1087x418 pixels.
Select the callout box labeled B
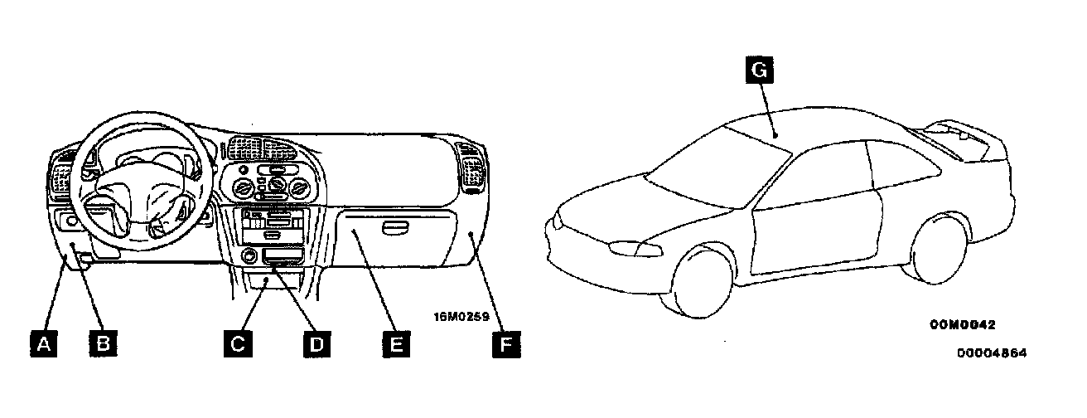pyautogui.click(x=103, y=343)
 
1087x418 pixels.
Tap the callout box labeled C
pyautogui.click(x=237, y=343)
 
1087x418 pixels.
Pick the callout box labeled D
pyautogui.click(x=315, y=343)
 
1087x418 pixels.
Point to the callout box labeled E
pyautogui.click(x=396, y=343)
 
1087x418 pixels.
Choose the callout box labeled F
pyautogui.click(x=505, y=343)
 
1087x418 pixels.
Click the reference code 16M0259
pyautogui.click(x=461, y=316)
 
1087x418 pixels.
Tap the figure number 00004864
pyautogui.click(x=992, y=352)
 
